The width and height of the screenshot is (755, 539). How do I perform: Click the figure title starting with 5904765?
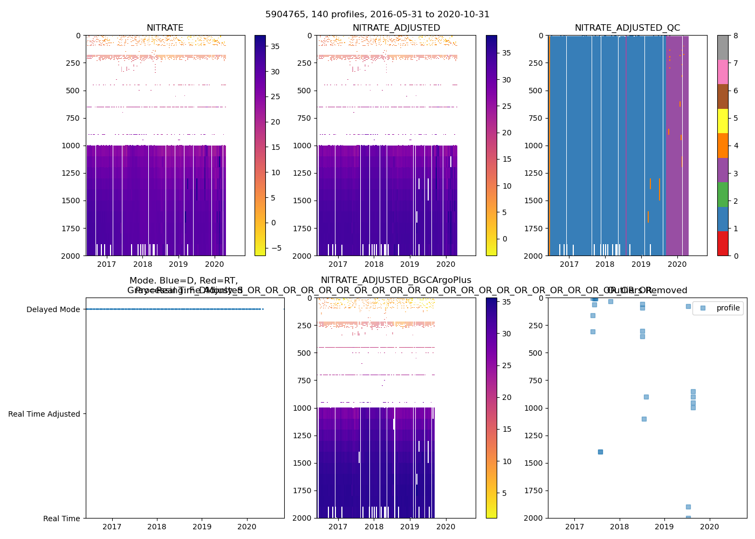[377, 15]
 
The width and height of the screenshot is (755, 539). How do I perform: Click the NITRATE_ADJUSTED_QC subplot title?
[627, 28]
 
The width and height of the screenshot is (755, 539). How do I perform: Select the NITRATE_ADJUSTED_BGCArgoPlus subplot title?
[396, 280]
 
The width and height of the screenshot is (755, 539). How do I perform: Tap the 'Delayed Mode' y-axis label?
[53, 309]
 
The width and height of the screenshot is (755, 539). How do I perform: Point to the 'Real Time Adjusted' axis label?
[44, 414]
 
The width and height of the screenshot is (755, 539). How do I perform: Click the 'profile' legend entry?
[727, 308]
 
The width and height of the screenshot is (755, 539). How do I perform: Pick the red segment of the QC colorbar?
[723, 244]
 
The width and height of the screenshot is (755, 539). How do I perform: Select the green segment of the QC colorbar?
[723, 195]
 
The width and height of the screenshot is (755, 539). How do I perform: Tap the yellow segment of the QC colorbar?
[723, 121]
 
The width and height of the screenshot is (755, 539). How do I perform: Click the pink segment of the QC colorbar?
[723, 72]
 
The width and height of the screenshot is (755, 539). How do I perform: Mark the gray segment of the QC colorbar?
[723, 47]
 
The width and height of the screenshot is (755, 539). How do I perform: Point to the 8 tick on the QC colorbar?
[736, 36]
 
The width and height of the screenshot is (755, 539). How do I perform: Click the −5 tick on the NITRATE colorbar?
[275, 248]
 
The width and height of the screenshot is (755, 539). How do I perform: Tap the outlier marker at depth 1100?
[644, 419]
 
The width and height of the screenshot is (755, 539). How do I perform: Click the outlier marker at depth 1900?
[688, 507]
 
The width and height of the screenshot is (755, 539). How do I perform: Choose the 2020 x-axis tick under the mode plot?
[247, 527]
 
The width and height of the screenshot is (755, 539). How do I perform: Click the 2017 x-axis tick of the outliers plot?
[574, 527]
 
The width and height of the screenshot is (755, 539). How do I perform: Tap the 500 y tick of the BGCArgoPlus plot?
[306, 353]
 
